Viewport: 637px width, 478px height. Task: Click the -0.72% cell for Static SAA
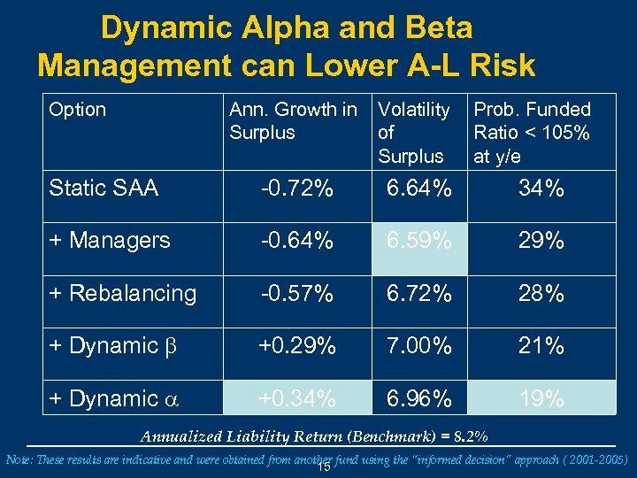coord(296,189)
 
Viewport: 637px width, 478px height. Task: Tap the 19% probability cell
coord(541,398)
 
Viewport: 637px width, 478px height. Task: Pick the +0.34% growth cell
coord(296,398)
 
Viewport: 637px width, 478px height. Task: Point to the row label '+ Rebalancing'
coord(123,293)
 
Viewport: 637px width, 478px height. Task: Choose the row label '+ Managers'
coord(110,241)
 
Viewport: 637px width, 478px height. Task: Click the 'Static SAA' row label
coord(104,189)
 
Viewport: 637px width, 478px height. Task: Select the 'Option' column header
coord(78,110)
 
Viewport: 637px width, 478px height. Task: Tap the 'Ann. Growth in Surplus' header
coord(293,121)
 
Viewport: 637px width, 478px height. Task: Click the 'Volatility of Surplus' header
coord(413,133)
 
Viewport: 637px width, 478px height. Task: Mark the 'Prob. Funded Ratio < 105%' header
coord(532,133)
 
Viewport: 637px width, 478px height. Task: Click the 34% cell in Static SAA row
coord(541,189)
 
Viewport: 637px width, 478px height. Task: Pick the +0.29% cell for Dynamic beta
coord(296,346)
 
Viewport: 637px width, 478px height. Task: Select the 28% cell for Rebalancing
coord(541,293)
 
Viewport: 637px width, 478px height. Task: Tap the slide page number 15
coord(324,466)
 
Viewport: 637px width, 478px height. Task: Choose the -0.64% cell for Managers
coord(296,241)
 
